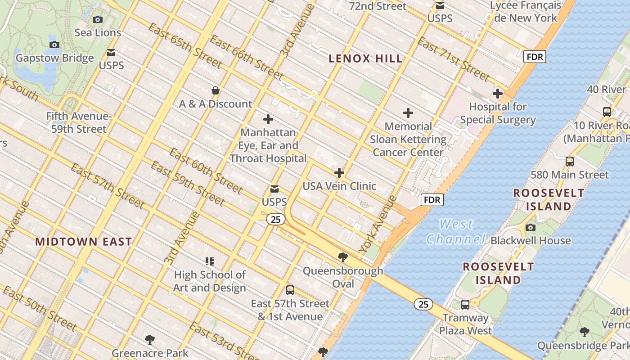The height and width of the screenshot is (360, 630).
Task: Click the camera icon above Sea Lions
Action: pyautogui.click(x=98, y=19)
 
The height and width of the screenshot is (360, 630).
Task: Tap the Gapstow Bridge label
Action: pyautogui.click(x=55, y=58)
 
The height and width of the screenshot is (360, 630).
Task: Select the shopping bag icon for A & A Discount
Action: pyautogui.click(x=216, y=90)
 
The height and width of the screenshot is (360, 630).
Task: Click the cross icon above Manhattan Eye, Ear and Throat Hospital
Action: pyautogui.click(x=268, y=119)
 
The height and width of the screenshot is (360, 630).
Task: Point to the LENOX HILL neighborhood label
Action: pyautogui.click(x=365, y=58)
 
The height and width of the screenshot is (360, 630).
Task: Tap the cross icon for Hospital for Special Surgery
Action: pyautogui.click(x=498, y=94)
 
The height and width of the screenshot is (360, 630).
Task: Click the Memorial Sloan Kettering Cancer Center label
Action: pyautogui.click(x=409, y=139)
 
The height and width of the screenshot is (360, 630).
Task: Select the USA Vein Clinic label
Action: pyautogui.click(x=339, y=186)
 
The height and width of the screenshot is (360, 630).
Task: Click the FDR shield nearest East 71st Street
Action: pyautogui.click(x=535, y=57)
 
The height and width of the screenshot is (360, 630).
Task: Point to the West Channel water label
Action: pyautogui.click(x=456, y=231)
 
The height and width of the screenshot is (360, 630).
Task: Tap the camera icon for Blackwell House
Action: pyautogui.click(x=531, y=227)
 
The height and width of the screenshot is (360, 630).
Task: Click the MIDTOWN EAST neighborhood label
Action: pyautogui.click(x=84, y=242)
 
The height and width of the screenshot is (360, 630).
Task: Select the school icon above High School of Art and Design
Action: pyautogui.click(x=209, y=261)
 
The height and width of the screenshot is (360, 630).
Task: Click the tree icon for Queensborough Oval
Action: pyautogui.click(x=343, y=257)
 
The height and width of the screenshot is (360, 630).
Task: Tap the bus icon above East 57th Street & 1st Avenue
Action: pyautogui.click(x=290, y=290)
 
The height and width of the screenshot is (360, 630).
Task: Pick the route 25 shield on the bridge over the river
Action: pyautogui.click(x=423, y=304)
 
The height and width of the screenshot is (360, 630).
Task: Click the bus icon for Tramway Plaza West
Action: pyautogui.click(x=465, y=305)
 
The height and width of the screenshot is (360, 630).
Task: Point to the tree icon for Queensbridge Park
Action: pyautogui.click(x=584, y=332)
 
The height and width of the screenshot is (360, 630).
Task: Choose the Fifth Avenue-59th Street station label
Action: pyautogui.click(x=79, y=123)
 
